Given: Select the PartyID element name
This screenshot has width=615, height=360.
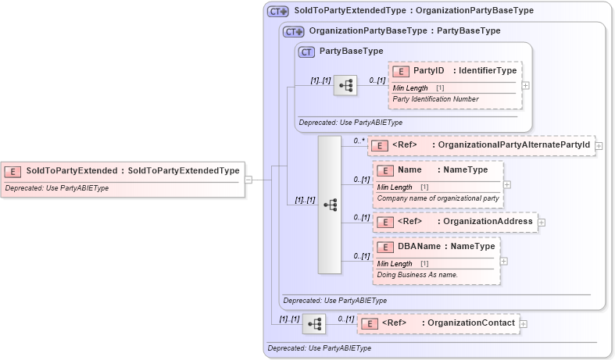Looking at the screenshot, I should (428, 71).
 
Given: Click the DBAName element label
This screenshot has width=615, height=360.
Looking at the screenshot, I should (419, 247).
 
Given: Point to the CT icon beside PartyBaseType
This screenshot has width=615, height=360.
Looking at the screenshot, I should (307, 52).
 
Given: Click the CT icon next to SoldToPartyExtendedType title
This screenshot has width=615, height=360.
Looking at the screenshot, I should (277, 12).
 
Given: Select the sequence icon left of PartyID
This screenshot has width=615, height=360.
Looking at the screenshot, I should (345, 86).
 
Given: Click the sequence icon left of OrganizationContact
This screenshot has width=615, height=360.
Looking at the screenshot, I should (314, 323).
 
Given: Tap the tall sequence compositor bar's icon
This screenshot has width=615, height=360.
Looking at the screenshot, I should (330, 205).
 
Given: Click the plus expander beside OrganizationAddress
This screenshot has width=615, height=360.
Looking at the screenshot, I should (542, 223).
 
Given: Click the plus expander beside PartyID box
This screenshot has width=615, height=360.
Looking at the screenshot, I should (526, 86).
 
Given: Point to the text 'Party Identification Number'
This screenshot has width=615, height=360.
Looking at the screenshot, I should (435, 99).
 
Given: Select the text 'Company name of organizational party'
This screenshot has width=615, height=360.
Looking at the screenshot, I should (438, 198).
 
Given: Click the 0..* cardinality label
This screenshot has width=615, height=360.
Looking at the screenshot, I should (359, 141).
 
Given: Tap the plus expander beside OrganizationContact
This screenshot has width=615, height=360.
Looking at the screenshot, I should (524, 323).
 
